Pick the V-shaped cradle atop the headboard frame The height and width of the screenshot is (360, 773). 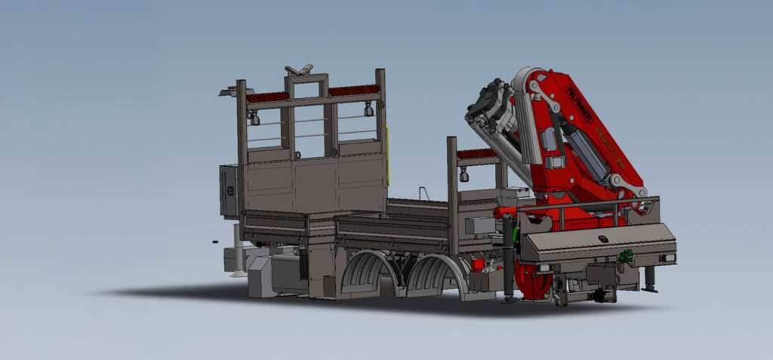[x=298, y=70]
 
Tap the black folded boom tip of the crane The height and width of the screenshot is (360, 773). [x=487, y=113]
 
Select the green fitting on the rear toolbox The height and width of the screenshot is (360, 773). [x=625, y=257]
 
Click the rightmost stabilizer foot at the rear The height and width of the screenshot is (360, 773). [x=650, y=282]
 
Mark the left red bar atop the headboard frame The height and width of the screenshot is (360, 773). [x=267, y=97]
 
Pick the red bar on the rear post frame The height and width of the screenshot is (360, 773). [x=476, y=154]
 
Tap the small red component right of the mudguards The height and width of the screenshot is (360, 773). [x=477, y=265]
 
